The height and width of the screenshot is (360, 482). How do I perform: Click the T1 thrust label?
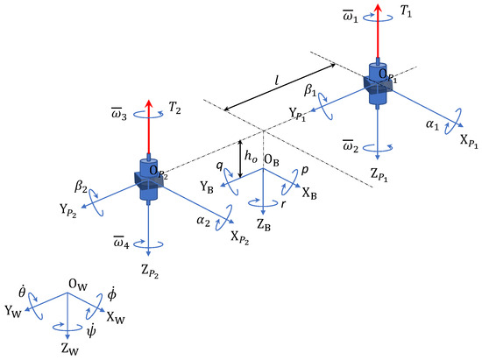pos(406,11)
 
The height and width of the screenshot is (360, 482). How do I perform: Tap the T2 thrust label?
pos(174,108)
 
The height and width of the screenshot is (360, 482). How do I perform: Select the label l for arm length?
pos(277,81)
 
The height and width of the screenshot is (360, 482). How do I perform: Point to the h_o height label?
pos(251,157)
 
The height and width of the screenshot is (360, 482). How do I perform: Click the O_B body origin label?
pos(272,160)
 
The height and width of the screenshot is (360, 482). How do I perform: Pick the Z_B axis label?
pos(264,225)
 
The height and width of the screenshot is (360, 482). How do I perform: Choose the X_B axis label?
pos(309,194)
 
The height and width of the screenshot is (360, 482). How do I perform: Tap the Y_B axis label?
pos(207,187)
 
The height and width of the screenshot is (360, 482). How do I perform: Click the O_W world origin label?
pos(78,285)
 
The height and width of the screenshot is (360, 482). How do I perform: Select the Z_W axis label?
pos(70,349)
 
